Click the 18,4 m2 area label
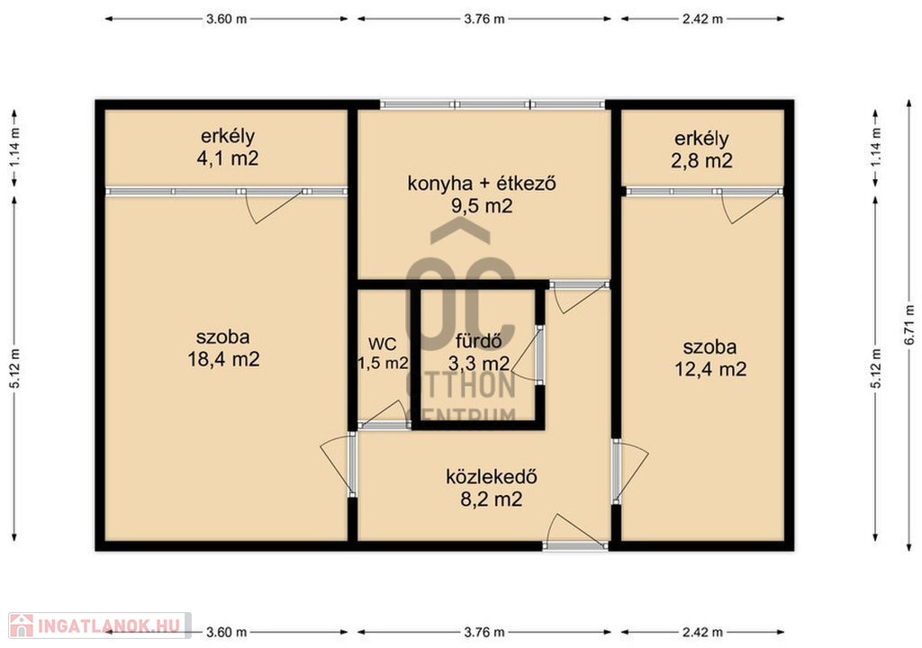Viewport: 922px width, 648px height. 223,359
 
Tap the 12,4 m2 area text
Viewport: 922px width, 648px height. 710,369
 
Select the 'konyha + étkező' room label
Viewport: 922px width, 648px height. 482,184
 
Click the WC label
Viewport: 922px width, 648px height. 382,344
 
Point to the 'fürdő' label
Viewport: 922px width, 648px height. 479,340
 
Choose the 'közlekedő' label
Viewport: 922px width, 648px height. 492,476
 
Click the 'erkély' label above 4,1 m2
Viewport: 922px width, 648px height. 228,137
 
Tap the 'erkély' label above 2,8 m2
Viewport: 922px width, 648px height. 701,139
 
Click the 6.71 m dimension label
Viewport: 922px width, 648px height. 909,325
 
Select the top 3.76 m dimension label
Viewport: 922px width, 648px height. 484,19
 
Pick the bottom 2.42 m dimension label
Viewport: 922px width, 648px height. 702,633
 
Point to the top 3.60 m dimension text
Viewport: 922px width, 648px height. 226,19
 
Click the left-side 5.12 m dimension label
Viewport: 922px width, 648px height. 14,369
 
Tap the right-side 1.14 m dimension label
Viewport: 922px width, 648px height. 876,147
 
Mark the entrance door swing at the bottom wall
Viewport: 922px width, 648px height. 567,528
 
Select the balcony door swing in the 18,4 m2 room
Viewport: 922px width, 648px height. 275,207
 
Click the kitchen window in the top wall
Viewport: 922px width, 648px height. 493,104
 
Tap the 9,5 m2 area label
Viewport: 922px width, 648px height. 482,206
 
